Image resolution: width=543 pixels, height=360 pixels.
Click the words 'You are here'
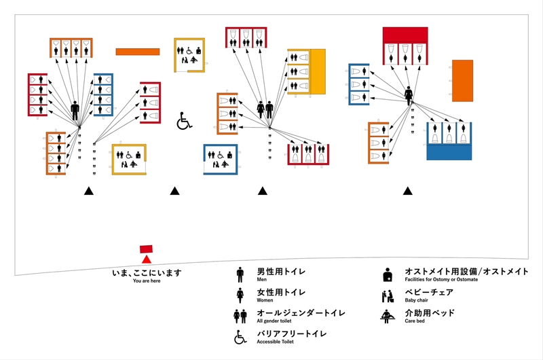click(x=147, y=281)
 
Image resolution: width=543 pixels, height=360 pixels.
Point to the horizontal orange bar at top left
click(x=137, y=52)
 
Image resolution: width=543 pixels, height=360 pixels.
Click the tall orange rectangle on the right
click(x=462, y=81)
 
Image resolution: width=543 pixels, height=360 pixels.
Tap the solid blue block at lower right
click(x=449, y=151)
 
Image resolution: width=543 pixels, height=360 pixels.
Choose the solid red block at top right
click(x=405, y=35)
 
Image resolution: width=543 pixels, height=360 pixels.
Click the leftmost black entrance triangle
click(x=88, y=192)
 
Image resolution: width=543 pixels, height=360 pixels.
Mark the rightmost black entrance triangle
click(x=407, y=192)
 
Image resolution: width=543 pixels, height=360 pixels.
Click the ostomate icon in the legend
click(x=387, y=274)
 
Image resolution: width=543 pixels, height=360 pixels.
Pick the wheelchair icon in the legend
click(x=240, y=337)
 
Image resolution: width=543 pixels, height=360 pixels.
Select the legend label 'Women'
click(x=265, y=300)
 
